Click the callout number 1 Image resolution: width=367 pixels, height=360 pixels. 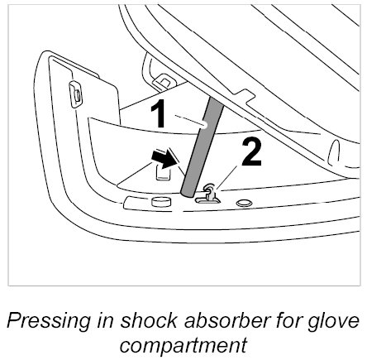click(x=159, y=113)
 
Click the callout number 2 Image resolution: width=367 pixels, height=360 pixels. click(x=251, y=152)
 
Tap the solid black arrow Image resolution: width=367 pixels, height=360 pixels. click(x=164, y=159)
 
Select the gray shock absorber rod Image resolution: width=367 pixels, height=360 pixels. click(x=203, y=147)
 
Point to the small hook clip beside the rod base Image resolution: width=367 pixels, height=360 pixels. click(x=209, y=193)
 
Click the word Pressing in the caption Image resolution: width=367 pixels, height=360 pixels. click(x=48, y=321)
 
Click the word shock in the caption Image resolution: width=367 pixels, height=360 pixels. click(x=149, y=321)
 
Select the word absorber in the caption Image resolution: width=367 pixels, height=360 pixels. click(x=226, y=321)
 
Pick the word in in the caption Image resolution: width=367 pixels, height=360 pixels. click(x=105, y=321)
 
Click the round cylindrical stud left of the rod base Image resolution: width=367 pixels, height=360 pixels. click(x=160, y=202)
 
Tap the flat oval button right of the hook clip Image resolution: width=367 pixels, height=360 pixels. click(x=244, y=204)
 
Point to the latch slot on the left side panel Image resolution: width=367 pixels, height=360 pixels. click(x=75, y=94)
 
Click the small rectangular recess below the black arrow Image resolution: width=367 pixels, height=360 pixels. click(x=163, y=172)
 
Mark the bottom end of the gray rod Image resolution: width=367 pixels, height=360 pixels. click(x=188, y=194)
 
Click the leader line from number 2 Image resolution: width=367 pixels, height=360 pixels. click(x=226, y=178)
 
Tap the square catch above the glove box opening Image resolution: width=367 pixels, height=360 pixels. click(x=164, y=82)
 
